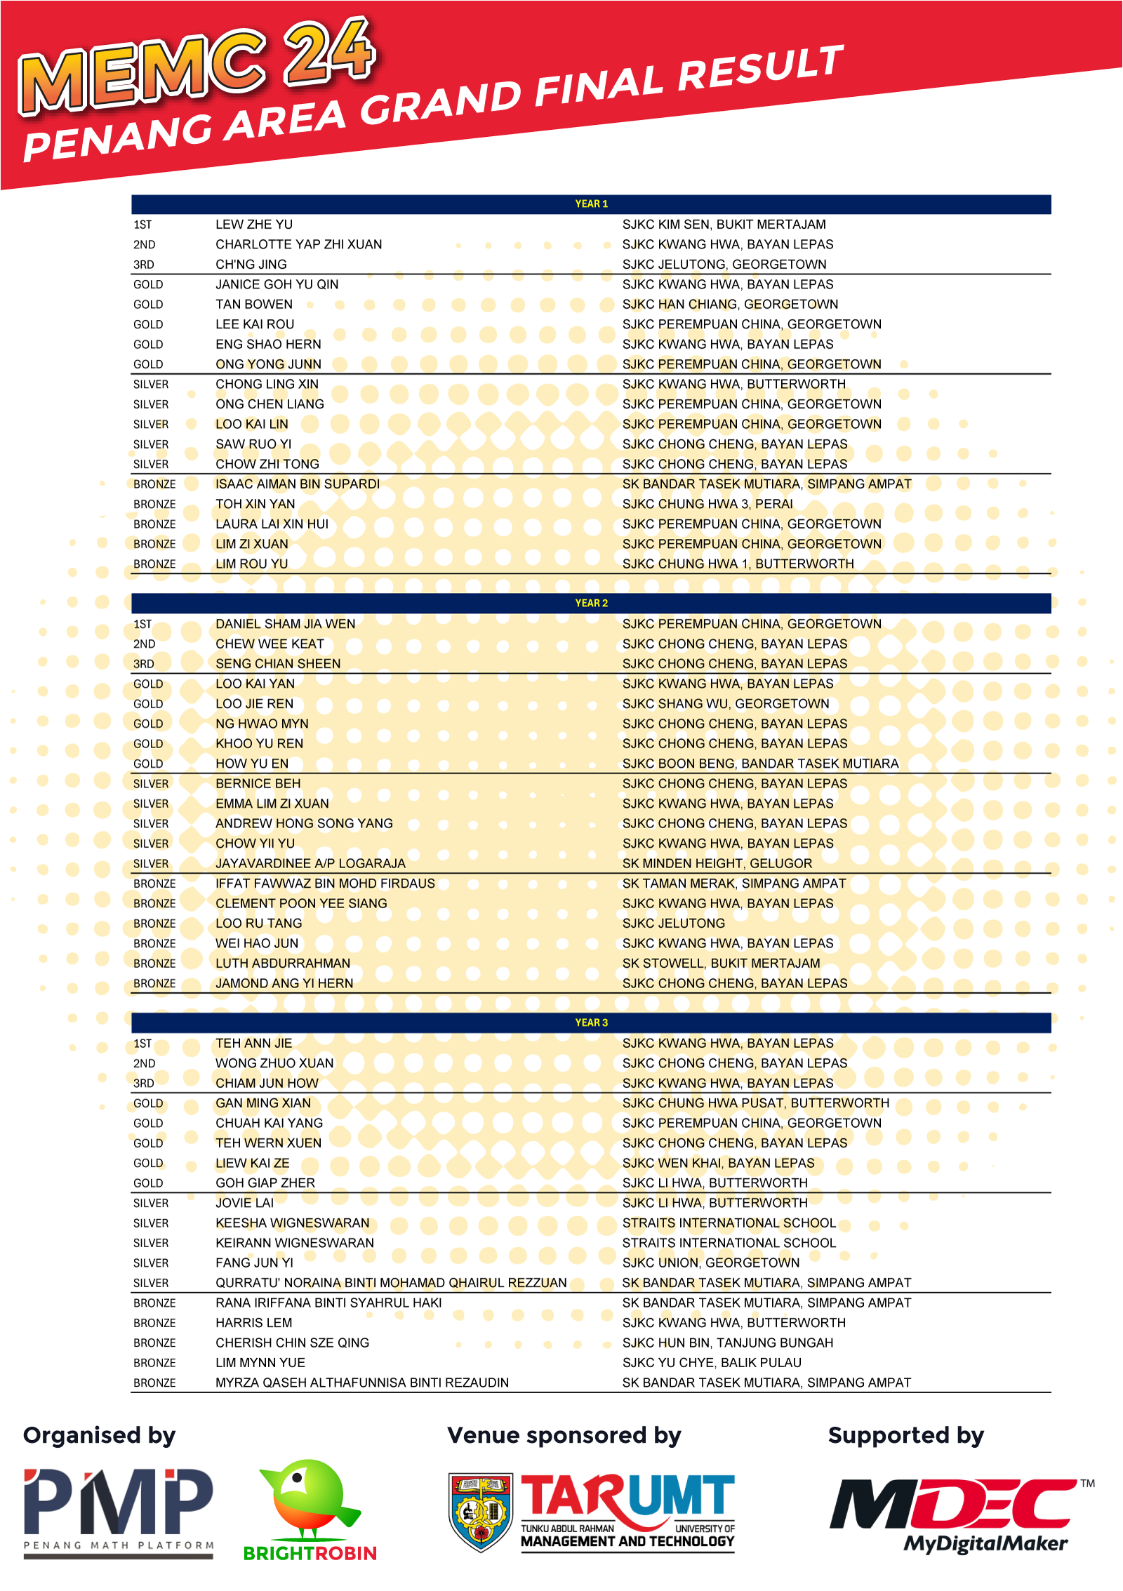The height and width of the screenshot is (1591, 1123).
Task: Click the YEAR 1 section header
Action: (591, 204)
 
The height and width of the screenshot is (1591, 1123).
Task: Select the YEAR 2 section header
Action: (591, 604)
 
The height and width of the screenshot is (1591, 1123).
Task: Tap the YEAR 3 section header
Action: (591, 1023)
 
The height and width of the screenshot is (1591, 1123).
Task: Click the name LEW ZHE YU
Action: (254, 225)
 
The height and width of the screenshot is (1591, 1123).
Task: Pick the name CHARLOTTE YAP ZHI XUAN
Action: (299, 244)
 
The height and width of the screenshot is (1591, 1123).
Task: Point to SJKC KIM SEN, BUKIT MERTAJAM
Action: (724, 225)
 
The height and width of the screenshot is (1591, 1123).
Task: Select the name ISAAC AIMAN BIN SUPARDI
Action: (298, 484)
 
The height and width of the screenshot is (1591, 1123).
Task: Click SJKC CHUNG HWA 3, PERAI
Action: (707, 504)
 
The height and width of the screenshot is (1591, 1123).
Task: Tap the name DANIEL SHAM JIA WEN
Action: (286, 624)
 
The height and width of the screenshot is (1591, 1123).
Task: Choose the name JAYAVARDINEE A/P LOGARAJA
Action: (310, 863)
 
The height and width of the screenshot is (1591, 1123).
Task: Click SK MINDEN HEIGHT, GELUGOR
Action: (717, 863)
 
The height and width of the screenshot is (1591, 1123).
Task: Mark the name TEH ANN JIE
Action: (254, 1044)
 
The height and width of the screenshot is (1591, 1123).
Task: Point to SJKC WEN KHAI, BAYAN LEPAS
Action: (719, 1163)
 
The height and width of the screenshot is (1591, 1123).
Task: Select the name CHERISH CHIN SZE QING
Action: (292, 1343)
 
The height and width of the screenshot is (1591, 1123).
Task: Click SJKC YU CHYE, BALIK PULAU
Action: (712, 1363)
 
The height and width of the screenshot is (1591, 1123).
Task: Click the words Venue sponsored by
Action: (564, 1436)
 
